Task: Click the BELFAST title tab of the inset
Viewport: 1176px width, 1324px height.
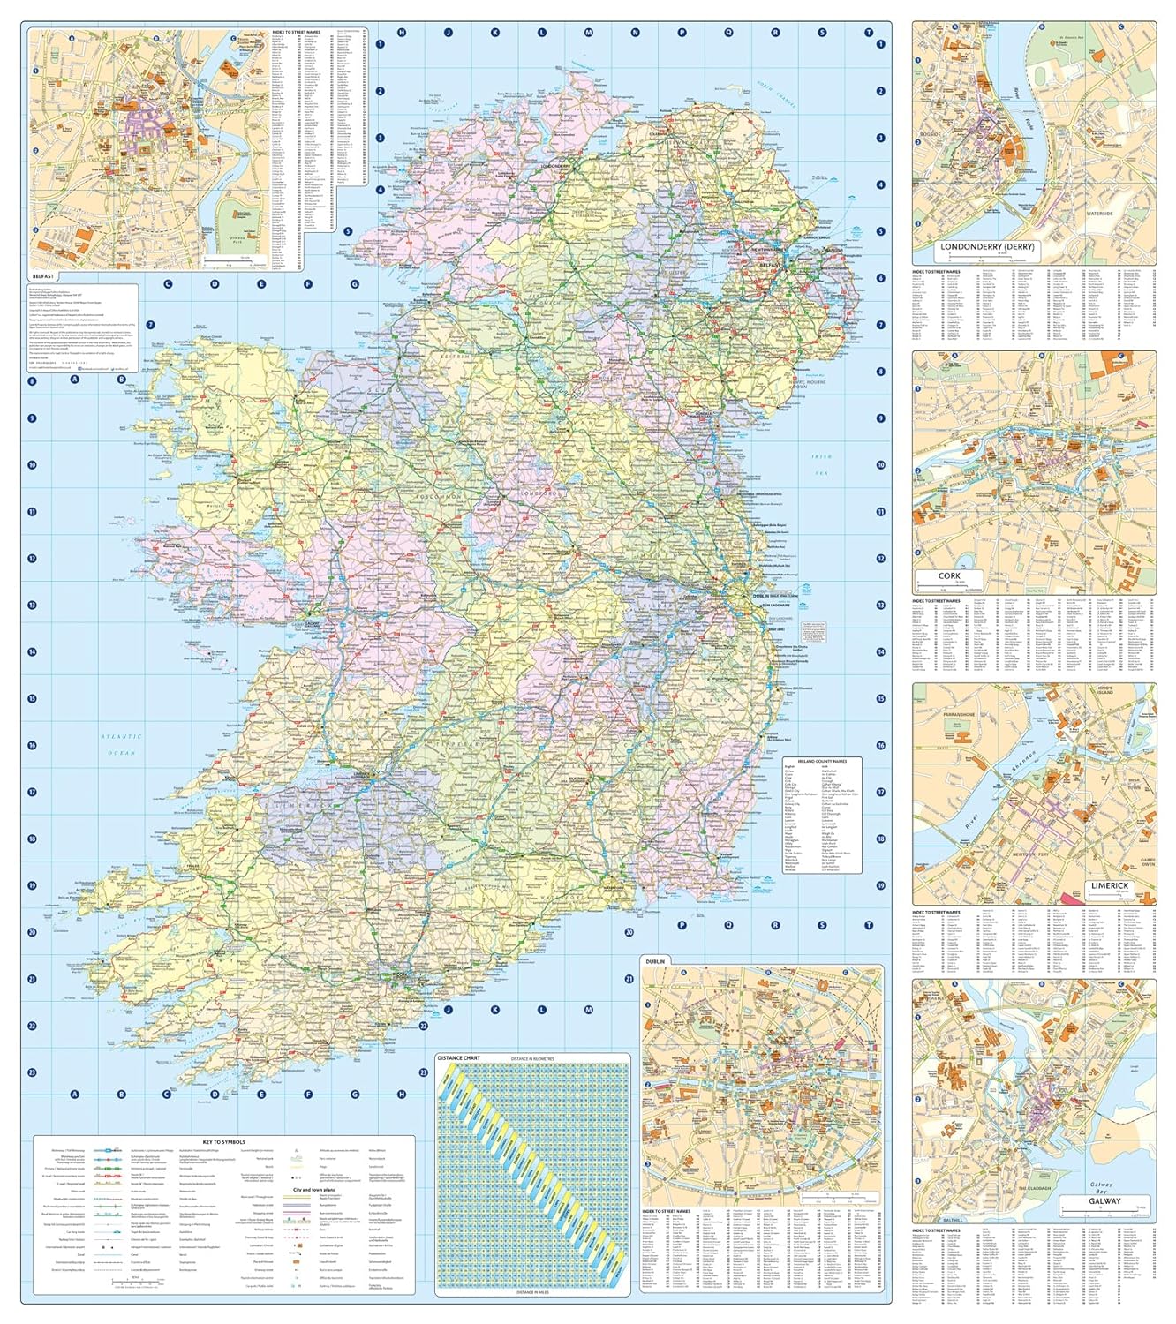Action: point(42,276)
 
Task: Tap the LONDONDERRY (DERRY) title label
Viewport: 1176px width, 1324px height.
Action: point(987,247)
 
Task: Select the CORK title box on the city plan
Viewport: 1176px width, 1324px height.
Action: point(949,575)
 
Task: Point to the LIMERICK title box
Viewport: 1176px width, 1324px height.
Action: point(1109,885)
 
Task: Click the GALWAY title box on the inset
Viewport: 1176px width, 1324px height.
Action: point(1104,1201)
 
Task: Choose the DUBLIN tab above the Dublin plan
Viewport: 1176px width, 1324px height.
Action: point(655,960)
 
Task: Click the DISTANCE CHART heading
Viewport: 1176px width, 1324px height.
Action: point(459,1057)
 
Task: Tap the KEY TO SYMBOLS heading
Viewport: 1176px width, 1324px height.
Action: point(223,1142)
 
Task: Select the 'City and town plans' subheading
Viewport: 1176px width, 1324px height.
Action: point(313,1190)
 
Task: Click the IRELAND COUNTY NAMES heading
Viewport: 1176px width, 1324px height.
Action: point(821,760)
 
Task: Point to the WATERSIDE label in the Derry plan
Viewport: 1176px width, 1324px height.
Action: point(1099,214)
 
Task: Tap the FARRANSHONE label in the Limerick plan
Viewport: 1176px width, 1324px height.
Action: point(959,714)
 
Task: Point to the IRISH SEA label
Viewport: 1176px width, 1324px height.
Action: point(821,464)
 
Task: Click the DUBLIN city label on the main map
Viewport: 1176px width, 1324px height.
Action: point(761,597)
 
